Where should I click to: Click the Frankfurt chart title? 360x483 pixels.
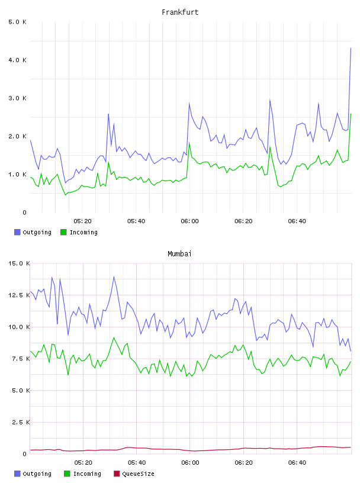point(180,12)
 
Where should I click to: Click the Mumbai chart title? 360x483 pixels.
point(179,254)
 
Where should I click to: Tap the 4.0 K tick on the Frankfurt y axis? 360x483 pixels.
point(17,60)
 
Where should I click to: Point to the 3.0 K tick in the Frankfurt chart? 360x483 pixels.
point(17,98)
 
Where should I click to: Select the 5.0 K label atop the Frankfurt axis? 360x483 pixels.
point(17,22)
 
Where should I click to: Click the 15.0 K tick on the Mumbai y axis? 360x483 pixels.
point(19,263)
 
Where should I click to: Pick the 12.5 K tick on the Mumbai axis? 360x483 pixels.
point(19,295)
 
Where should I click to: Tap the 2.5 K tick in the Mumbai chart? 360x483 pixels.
point(21,422)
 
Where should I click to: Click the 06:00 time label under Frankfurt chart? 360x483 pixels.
point(190,221)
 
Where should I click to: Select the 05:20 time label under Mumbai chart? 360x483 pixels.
point(83,463)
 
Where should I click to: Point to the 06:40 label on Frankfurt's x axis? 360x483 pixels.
point(297,221)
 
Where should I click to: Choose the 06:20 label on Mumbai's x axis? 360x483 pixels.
point(244,463)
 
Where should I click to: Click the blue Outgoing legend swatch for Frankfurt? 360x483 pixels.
point(17,232)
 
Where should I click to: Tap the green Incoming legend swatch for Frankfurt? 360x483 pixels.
point(63,232)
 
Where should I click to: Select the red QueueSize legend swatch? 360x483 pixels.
point(117,474)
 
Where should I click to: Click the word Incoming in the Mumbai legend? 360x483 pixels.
point(87,474)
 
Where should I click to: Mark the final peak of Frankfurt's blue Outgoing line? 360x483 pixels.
point(351,48)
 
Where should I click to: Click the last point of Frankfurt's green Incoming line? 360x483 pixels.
point(351,114)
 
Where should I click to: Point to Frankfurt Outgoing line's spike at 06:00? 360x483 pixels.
point(189,103)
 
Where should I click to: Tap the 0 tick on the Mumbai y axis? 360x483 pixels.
point(25,454)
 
